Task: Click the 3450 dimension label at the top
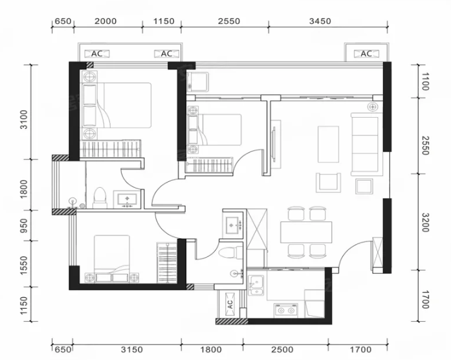point(320,21)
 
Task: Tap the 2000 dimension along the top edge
point(105,21)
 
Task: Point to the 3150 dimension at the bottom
point(132,350)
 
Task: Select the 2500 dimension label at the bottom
point(283,350)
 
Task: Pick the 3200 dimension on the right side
point(425,222)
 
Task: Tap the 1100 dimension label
point(425,82)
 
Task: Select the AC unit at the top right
point(366,54)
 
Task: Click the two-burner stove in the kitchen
point(286,310)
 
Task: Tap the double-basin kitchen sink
point(256,286)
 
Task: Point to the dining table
point(306,232)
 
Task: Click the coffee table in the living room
point(328,144)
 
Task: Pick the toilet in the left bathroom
point(100,198)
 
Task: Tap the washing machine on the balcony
point(197,82)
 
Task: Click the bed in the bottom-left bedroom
point(112,259)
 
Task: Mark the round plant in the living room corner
point(373,107)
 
